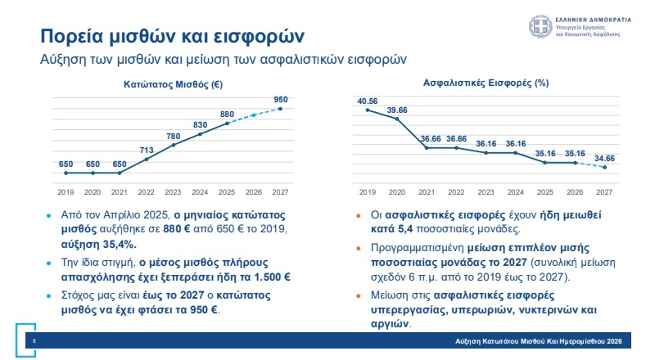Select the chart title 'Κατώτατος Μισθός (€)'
(x=173, y=84)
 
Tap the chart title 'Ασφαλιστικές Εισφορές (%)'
(x=486, y=84)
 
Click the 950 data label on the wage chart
(x=281, y=100)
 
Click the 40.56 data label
(x=368, y=101)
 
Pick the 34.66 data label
(x=604, y=158)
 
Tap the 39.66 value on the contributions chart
(x=398, y=110)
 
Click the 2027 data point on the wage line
(x=281, y=109)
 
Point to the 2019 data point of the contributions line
(x=368, y=110)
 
